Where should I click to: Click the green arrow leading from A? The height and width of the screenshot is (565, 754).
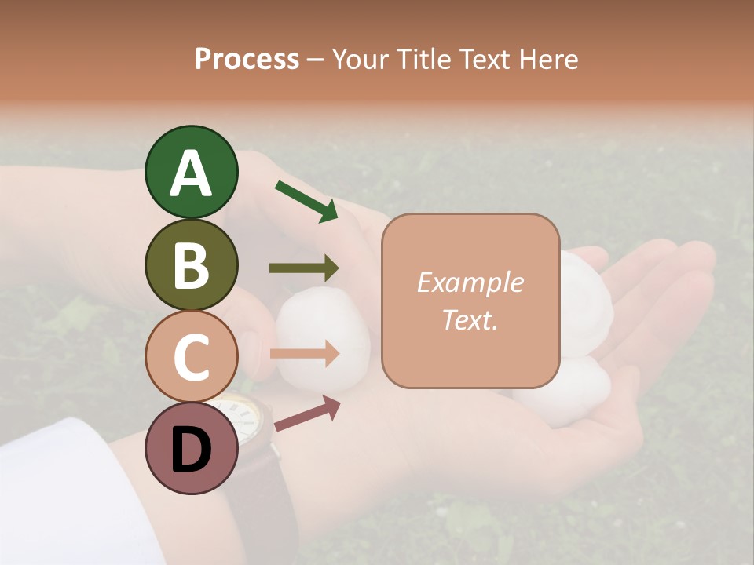coord(306,201)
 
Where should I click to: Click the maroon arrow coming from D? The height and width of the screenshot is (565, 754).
coord(307,413)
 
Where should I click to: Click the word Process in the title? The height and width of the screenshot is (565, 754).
coord(247,59)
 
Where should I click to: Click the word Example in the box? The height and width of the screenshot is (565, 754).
coord(470,282)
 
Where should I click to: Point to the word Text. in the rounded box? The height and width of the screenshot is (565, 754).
coord(470,319)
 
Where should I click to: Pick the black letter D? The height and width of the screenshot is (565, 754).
coord(191,451)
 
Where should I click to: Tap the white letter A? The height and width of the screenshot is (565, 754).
coord(191,174)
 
